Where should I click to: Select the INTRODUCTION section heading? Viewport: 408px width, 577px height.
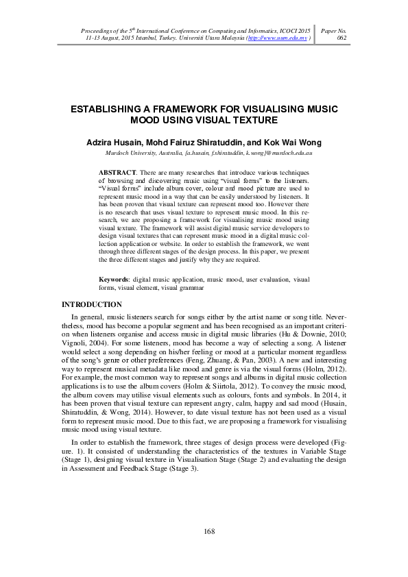pyautogui.click(x=92, y=304)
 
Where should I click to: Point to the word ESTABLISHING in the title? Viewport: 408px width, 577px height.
pyautogui.click(x=112, y=109)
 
